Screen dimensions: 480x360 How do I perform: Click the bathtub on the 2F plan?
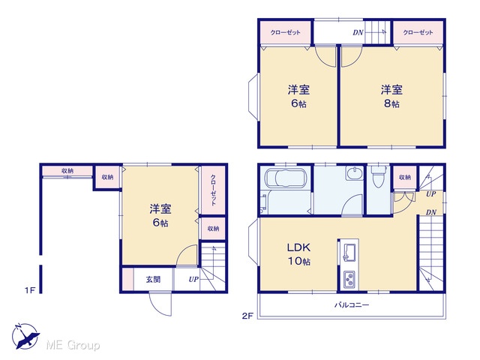[286, 178]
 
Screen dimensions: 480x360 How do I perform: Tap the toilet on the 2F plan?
[378, 177]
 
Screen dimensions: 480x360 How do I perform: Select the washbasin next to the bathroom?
[355, 173]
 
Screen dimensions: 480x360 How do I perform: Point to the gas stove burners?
[349, 280]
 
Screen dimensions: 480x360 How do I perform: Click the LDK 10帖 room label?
[298, 254]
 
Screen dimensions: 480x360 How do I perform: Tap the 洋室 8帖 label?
[391, 96]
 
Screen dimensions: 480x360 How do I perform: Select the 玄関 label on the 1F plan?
[153, 279]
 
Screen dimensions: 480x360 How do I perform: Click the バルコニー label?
[352, 305]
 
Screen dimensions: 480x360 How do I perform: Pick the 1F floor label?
[30, 290]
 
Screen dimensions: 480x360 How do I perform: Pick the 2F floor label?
[247, 316]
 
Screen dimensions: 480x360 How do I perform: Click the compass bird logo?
[25, 336]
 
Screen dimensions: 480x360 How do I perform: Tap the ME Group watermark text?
[73, 345]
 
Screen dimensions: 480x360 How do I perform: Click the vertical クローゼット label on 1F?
[213, 190]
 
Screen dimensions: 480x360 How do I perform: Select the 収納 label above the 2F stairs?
[405, 177]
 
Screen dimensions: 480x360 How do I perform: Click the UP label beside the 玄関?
[193, 279]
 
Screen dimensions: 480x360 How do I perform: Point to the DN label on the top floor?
[358, 32]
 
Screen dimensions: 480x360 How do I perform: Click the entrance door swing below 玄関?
[160, 304]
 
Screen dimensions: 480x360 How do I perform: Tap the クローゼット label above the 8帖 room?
[418, 32]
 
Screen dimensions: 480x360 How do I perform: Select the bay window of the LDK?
[253, 243]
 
